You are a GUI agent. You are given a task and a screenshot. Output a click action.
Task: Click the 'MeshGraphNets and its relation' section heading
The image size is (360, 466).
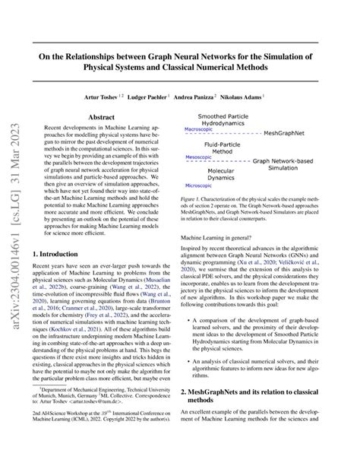coord(258,390)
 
